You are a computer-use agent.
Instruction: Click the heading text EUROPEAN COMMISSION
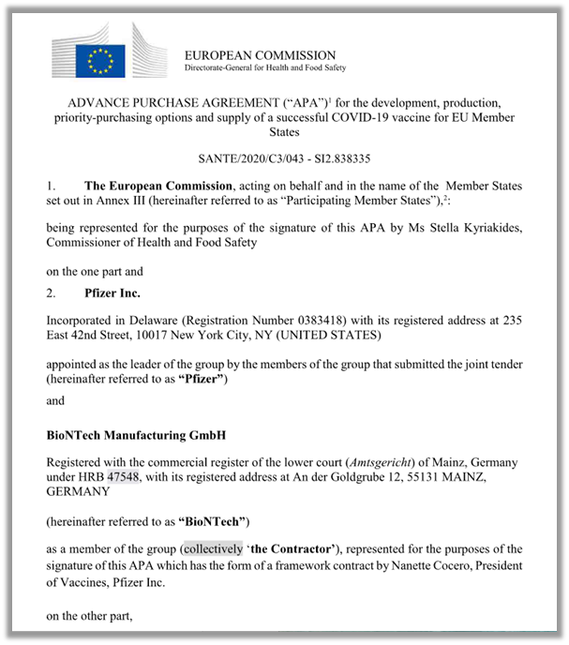click(260, 55)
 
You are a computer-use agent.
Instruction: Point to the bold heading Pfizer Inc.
click(113, 293)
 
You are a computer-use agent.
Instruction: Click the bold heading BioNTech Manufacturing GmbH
click(134, 435)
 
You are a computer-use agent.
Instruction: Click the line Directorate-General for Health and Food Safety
click(265, 68)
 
